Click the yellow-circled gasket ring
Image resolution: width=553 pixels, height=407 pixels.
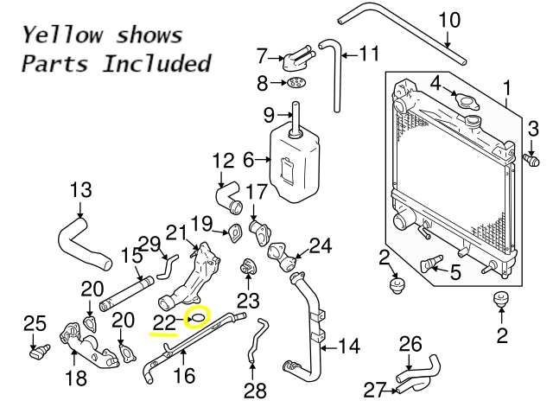(199, 319)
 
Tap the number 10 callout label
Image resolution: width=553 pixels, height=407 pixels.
(450, 20)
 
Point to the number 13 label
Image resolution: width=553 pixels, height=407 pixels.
(79, 190)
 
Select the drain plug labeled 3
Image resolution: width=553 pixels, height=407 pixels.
(532, 161)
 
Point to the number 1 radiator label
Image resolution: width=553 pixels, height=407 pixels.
(507, 87)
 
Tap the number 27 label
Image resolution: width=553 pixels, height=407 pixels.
(372, 390)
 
